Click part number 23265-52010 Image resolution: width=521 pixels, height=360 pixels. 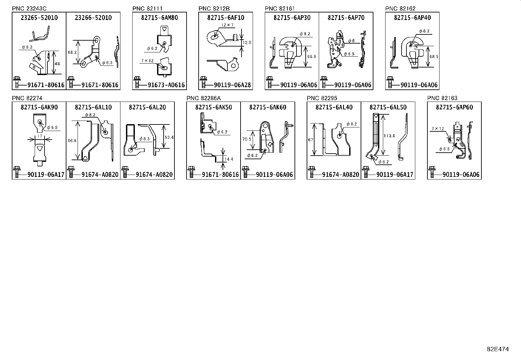pos(39,18)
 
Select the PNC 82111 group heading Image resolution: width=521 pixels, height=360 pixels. pos(147,9)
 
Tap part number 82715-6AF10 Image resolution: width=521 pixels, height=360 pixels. pos(225,18)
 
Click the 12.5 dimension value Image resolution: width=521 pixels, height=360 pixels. pos(247,43)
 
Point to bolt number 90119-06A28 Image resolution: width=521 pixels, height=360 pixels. pos(232,85)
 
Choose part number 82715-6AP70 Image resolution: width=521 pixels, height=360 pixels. pos(346,18)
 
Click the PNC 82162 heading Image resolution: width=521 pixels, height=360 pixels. pos(400,9)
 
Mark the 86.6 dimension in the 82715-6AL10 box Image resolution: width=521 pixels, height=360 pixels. pos(72,141)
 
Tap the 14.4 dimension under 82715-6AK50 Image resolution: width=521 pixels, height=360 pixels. pos(229,159)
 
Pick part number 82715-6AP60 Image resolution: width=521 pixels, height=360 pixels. pos(454,107)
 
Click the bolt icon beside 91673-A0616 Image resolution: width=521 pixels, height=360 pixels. pos(136,83)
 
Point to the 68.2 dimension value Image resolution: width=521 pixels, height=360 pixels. pos(72,52)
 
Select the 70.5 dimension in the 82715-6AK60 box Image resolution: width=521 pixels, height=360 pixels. pos(247,139)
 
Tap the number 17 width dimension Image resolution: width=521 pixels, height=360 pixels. pos(40,136)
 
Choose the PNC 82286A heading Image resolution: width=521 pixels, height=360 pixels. pos(204,98)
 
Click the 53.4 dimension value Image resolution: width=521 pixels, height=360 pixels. pos(170,137)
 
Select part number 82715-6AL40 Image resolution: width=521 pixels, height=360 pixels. pos(334,107)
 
